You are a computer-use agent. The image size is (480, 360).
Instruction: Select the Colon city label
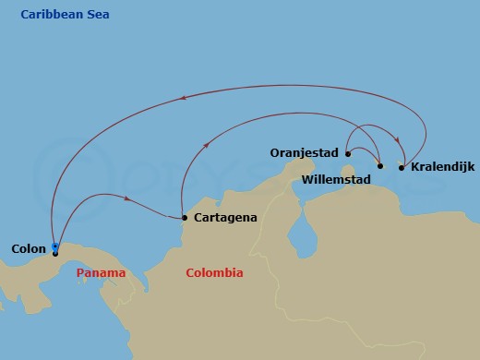pos(28,248)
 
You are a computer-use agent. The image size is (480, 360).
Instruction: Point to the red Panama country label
pos(102,273)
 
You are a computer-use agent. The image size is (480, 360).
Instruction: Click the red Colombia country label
pos(214,273)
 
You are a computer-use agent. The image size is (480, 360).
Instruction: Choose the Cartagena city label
pos(225,218)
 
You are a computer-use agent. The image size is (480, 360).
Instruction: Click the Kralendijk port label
pos(442,167)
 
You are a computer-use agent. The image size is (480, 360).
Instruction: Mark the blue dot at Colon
pos(55,246)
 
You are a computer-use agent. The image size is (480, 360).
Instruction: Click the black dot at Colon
pos(55,253)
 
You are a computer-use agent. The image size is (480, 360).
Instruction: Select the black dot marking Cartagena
pos(185,218)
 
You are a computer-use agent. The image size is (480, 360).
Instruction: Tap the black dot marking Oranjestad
pos(347,154)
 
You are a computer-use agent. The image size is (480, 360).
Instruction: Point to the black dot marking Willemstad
pos(380,166)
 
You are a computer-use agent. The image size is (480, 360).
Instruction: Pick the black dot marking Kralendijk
pos(401,167)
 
